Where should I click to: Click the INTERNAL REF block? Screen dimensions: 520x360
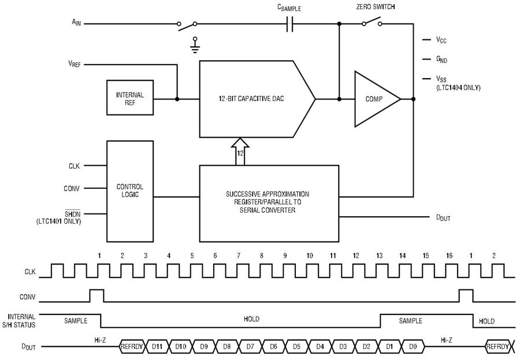pyautogui.click(x=130, y=98)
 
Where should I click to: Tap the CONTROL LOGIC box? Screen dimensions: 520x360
pyautogui.click(x=130, y=191)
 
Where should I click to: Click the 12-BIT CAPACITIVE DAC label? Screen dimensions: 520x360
pyautogui.click(x=251, y=99)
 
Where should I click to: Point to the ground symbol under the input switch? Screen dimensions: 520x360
pyautogui.click(x=195, y=46)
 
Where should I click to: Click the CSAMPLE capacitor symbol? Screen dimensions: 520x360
pyautogui.click(x=290, y=24)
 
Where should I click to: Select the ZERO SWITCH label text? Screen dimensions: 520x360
pyautogui.click(x=376, y=6)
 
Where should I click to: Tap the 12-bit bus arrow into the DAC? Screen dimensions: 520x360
pyautogui.click(x=240, y=151)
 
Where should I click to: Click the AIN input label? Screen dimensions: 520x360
pyautogui.click(x=76, y=23)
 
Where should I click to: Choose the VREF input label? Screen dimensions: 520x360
pyautogui.click(x=75, y=64)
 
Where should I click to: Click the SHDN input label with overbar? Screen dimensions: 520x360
pyautogui.click(x=73, y=214)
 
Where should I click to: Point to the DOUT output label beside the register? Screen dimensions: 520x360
pyautogui.click(x=443, y=218)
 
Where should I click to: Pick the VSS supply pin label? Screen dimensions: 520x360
pyautogui.click(x=441, y=79)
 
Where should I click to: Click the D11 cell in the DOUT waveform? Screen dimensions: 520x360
pyautogui.click(x=158, y=347)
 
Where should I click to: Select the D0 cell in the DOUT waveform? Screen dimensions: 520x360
pyautogui.click(x=413, y=347)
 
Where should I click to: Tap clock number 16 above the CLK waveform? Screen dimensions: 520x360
pyautogui.click(x=449, y=255)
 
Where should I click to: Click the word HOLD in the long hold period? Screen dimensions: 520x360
pyautogui.click(x=251, y=319)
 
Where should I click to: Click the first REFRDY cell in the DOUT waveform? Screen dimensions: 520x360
pyautogui.click(x=132, y=347)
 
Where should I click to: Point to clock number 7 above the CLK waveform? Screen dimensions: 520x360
pyautogui.click(x=239, y=255)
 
